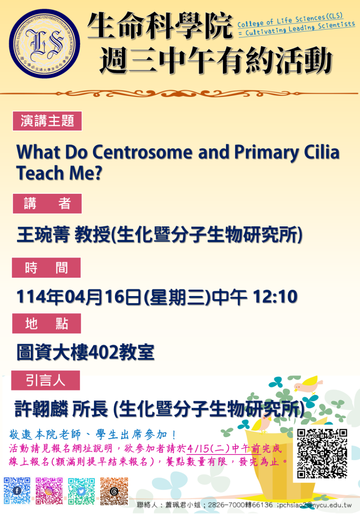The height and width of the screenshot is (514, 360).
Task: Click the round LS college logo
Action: [x=44, y=43]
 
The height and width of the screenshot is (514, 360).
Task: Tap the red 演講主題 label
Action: [x=47, y=121]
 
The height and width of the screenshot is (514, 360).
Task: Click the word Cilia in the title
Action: [x=322, y=152]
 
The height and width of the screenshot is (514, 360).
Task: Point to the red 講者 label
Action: [x=47, y=204]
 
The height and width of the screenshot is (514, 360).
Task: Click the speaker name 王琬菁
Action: [x=43, y=235]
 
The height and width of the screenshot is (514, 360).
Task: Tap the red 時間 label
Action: [x=46, y=268]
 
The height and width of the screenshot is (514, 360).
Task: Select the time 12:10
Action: [x=275, y=297]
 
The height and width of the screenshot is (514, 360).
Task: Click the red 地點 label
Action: [x=47, y=324]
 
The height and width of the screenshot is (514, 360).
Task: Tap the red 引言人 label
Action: [x=46, y=380]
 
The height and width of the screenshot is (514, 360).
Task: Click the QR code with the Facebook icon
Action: [x=17, y=490]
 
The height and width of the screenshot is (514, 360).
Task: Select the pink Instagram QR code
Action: [x=49, y=490]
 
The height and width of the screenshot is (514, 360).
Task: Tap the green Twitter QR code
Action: [x=81, y=491]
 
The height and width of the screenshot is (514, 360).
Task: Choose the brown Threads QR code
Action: [x=114, y=491]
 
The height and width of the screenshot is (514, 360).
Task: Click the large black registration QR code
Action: [x=322, y=453]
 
